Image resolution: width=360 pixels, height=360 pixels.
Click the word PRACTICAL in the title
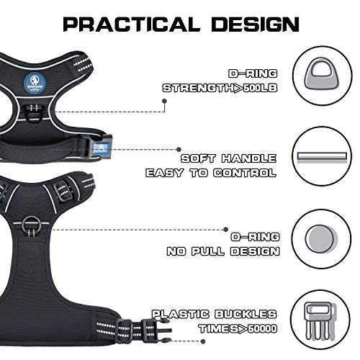click(x=131, y=24)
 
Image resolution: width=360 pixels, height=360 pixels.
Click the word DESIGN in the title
click(x=256, y=24)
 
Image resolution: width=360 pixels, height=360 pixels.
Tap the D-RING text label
click(x=253, y=73)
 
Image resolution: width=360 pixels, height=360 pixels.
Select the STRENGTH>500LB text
click(x=220, y=88)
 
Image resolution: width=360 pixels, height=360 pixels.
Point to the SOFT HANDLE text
click(x=228, y=158)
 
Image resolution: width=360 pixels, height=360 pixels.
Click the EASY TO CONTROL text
click(x=211, y=173)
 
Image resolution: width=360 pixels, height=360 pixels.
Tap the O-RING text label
click(x=256, y=237)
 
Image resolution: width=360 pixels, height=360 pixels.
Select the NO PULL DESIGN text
click(x=223, y=251)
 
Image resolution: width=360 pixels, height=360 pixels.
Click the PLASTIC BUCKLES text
click(x=214, y=314)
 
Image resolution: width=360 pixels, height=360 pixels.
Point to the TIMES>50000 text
click(x=238, y=328)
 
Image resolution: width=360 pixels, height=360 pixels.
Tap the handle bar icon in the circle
click(x=322, y=158)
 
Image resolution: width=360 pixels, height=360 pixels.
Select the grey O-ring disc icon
click(x=321, y=240)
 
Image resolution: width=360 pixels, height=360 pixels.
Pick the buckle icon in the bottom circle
click(x=320, y=321)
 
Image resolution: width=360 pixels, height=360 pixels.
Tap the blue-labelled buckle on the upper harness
click(x=100, y=147)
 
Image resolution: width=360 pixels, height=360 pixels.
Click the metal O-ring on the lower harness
click(x=31, y=224)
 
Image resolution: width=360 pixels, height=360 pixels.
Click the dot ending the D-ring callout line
click(x=164, y=101)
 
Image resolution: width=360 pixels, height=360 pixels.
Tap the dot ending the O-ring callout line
click(x=225, y=230)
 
